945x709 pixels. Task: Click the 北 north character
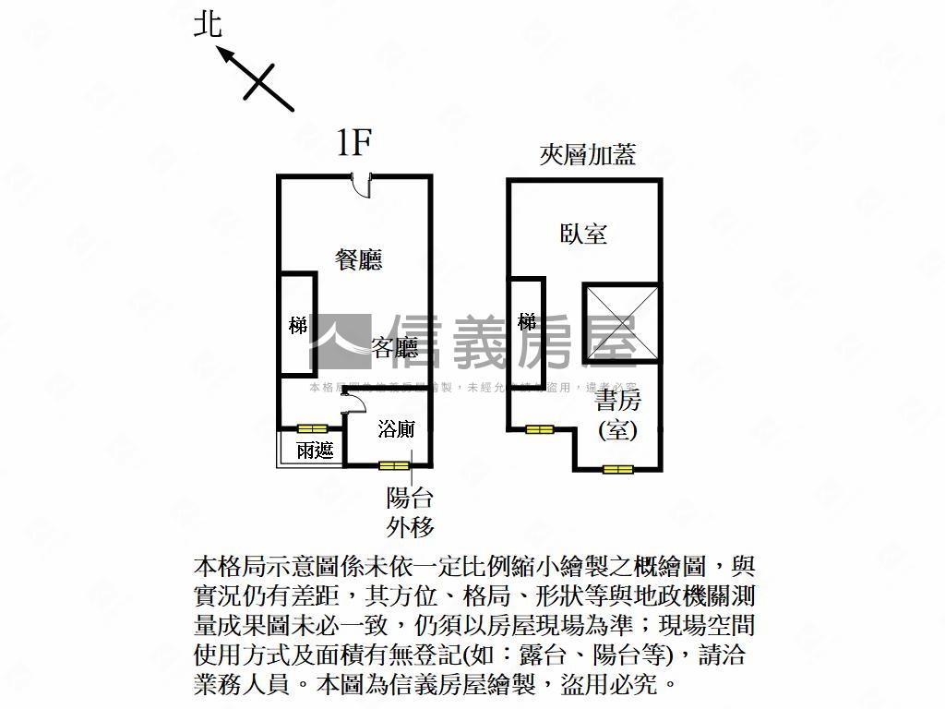click(x=208, y=24)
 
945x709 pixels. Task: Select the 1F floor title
click(x=353, y=144)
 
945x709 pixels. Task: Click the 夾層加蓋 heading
click(x=588, y=154)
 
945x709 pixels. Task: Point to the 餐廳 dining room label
click(x=359, y=259)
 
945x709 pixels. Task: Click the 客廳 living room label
click(x=394, y=347)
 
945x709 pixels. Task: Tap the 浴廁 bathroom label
click(x=397, y=428)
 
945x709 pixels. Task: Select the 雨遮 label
click(x=315, y=451)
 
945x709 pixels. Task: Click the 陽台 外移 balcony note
click(x=410, y=512)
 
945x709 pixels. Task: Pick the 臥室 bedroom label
click(x=584, y=233)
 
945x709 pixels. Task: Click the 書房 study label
click(x=618, y=401)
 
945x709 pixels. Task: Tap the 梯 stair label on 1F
click(x=297, y=325)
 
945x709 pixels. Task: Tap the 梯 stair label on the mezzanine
click(x=527, y=322)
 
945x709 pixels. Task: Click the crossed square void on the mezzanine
click(x=621, y=322)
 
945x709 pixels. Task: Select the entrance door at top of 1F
click(x=365, y=185)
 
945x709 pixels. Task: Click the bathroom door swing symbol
click(x=349, y=400)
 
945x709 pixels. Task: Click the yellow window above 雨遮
click(x=312, y=428)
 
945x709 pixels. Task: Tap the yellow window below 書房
click(x=618, y=469)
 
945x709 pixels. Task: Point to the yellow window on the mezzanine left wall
click(x=539, y=428)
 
